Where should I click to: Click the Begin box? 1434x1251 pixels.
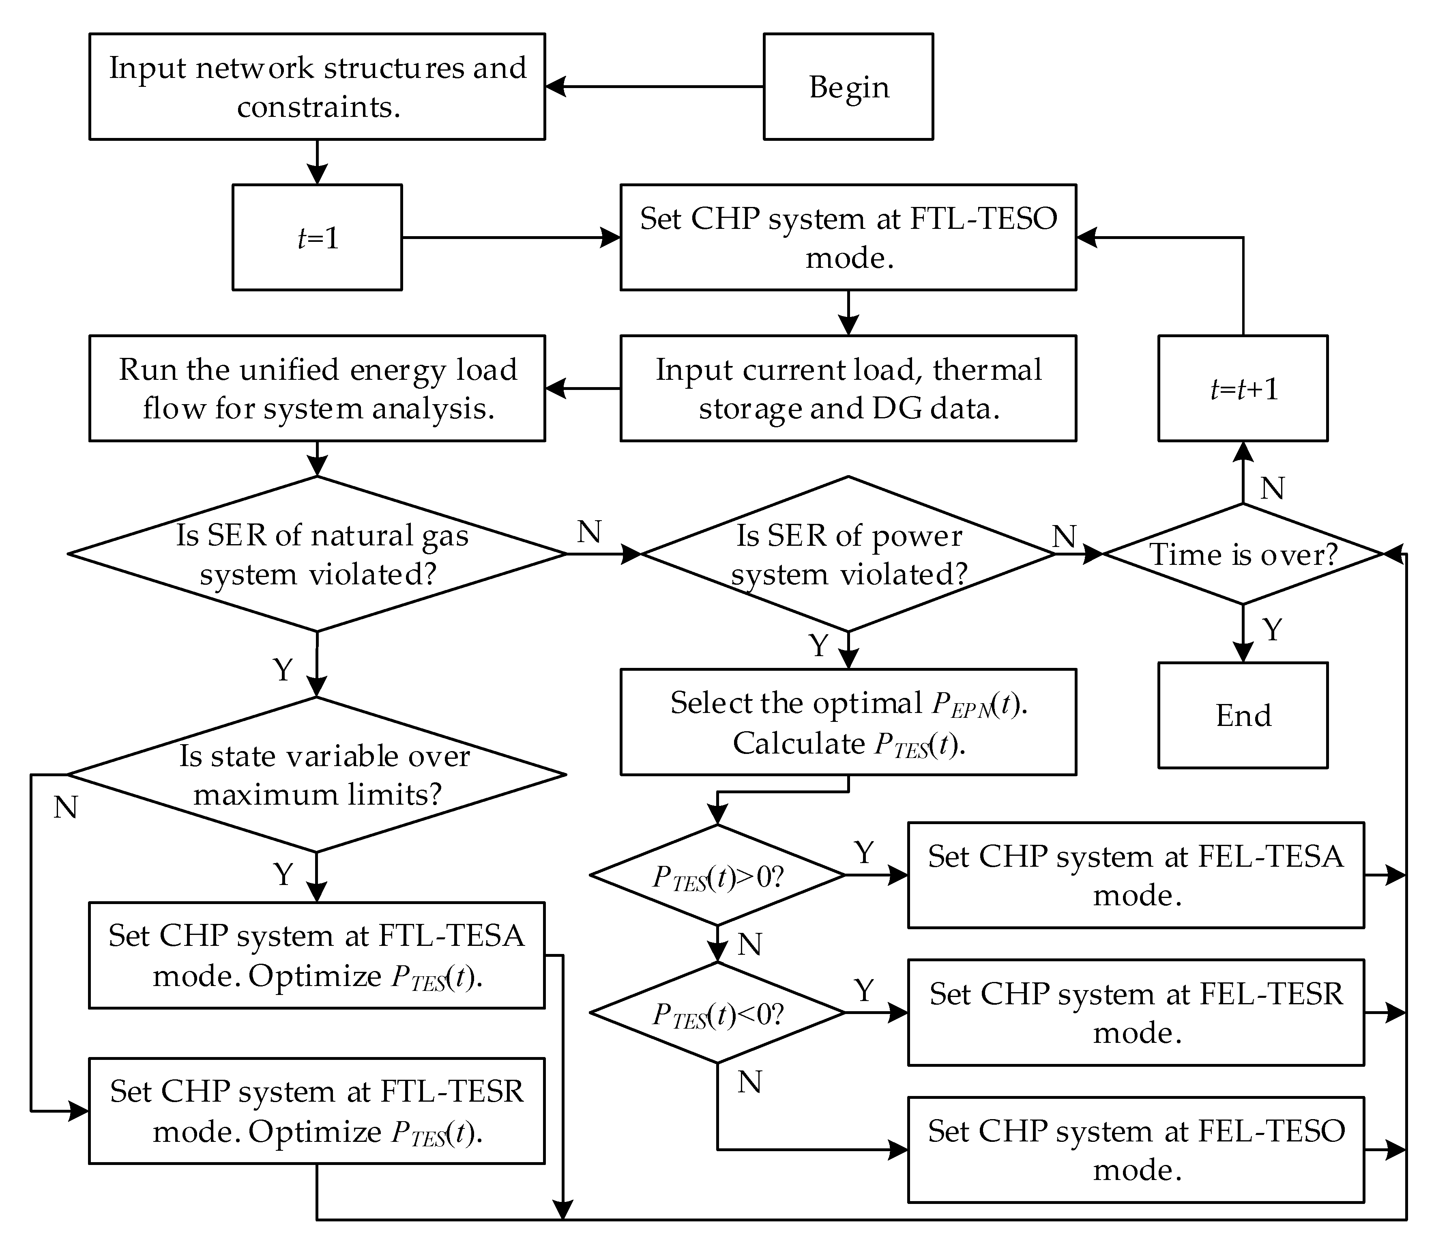[848, 86]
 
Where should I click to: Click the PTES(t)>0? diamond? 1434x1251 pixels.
[717, 875]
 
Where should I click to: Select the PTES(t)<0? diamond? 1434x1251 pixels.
[717, 1013]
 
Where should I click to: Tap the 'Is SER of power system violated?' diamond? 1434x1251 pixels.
[848, 554]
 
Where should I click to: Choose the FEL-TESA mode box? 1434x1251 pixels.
[1136, 875]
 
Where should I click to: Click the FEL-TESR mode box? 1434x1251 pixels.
[1136, 1013]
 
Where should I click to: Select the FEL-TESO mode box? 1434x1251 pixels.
[1136, 1150]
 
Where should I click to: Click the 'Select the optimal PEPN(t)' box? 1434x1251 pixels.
[848, 723]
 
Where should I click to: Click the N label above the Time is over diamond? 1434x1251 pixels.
[1272, 489]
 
